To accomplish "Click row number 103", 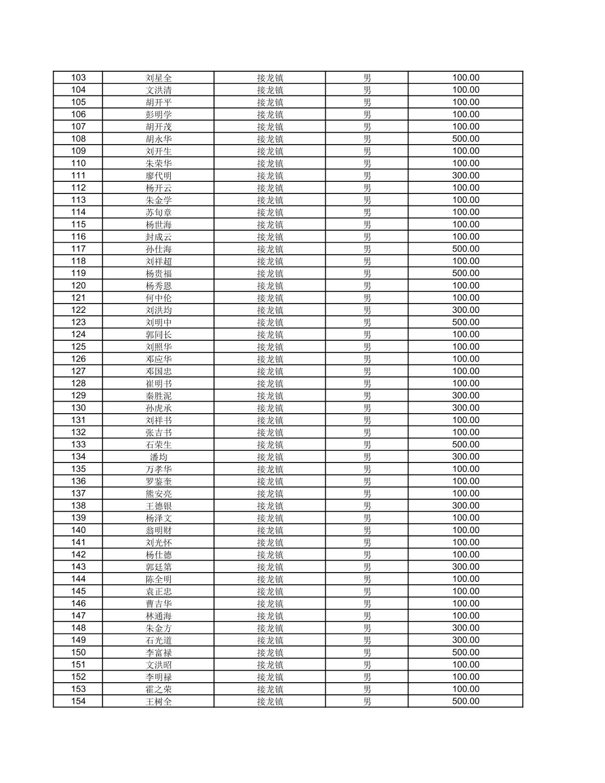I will pos(78,78).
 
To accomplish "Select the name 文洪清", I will pos(158,90).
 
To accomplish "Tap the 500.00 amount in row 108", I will pos(465,139).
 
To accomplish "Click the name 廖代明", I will pos(158,175).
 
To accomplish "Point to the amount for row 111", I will pos(465,175).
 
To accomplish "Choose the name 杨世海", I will pos(158,225).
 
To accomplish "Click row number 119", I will pos(78,273).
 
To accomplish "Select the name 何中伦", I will pos(158,298).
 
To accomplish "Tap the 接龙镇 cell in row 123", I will pos(270,322).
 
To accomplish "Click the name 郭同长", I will pos(158,334).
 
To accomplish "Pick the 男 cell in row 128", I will pos(367,384).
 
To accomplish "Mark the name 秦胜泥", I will pos(158,396).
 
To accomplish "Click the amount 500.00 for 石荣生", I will pos(465,444).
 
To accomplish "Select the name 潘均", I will pos(158,457).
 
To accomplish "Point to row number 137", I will pos(78,494).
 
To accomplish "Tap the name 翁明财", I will pos(158,530).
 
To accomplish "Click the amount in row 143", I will pos(465,567).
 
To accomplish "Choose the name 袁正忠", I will pos(158,591).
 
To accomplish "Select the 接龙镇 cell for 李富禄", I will pos(270,653).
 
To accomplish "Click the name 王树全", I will pos(158,701).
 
